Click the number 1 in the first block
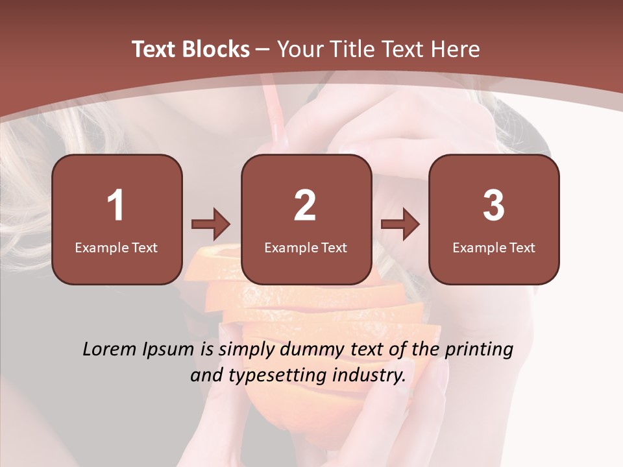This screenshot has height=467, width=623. [x=116, y=206]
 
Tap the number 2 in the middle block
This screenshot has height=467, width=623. [x=305, y=206]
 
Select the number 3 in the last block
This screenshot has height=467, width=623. [x=494, y=206]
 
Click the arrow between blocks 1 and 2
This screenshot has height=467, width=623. [x=211, y=224]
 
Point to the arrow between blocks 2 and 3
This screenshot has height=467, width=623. [x=400, y=224]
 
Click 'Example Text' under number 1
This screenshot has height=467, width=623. [x=116, y=247]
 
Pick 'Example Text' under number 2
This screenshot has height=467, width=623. [x=306, y=247]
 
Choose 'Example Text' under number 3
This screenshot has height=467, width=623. [x=494, y=247]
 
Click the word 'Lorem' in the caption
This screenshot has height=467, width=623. [x=110, y=350]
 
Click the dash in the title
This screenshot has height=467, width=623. [x=263, y=49]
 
